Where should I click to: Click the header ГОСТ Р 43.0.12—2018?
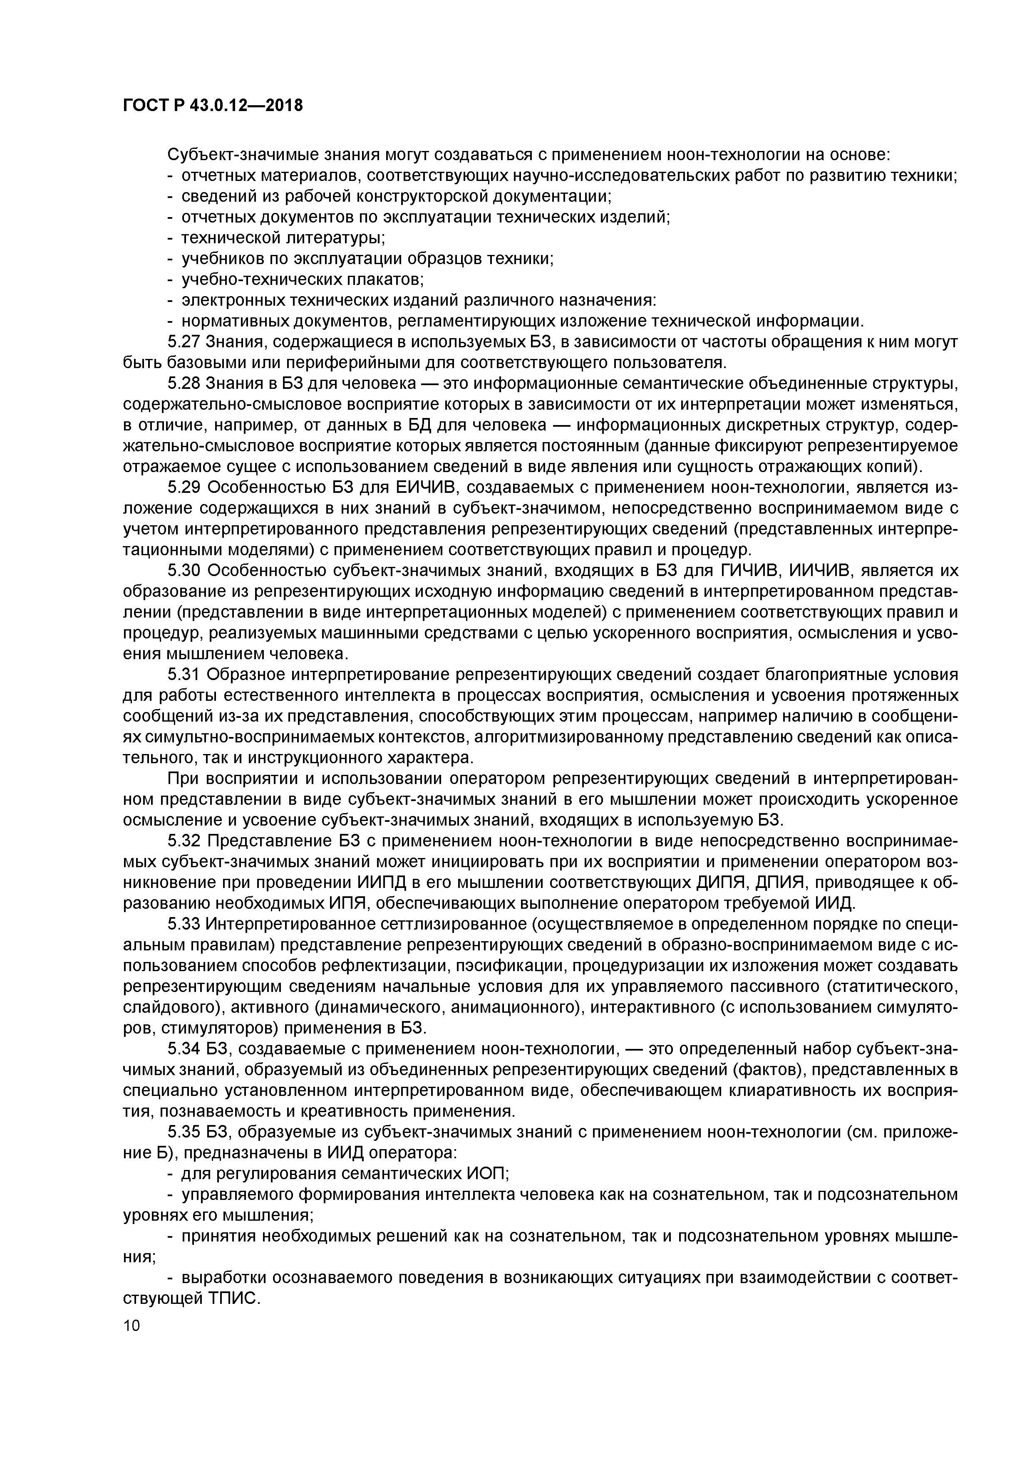click(212, 106)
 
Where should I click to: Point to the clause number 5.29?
click(184, 487)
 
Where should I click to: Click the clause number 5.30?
click(184, 571)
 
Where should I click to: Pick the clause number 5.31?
click(184, 674)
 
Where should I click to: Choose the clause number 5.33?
click(184, 924)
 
